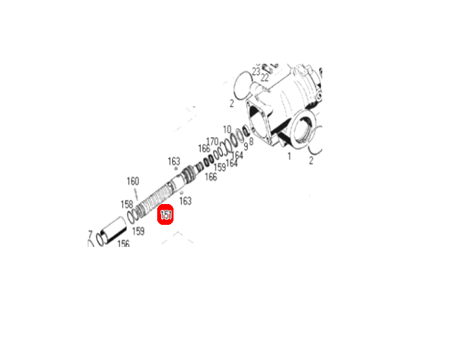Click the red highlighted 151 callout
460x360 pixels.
click(166, 215)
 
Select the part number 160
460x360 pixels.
click(133, 181)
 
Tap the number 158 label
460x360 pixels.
click(126, 204)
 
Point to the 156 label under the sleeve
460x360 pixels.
click(123, 244)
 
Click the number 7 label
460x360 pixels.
click(90, 234)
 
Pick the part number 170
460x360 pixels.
click(212, 141)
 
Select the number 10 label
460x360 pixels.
click(227, 129)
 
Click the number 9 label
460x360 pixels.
click(245, 146)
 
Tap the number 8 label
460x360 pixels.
click(251, 140)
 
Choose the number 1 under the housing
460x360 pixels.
click(290, 156)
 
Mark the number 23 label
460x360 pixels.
click(256, 71)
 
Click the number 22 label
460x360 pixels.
click(264, 77)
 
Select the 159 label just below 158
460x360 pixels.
click(138, 231)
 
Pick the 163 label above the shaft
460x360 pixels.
click(173, 161)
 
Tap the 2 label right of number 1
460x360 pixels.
click(311, 159)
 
